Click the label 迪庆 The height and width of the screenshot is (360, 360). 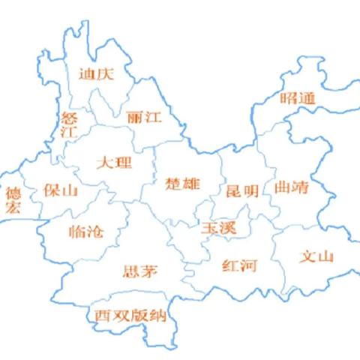95,73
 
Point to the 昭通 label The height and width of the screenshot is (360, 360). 298,98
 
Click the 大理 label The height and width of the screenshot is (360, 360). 114,163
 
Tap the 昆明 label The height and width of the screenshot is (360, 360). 241,191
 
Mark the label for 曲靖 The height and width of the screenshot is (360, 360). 292,187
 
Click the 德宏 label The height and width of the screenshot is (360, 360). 13,200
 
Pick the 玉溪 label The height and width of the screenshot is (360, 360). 217,228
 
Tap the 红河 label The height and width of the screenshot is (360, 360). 240,265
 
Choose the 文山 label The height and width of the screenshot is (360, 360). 316,256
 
